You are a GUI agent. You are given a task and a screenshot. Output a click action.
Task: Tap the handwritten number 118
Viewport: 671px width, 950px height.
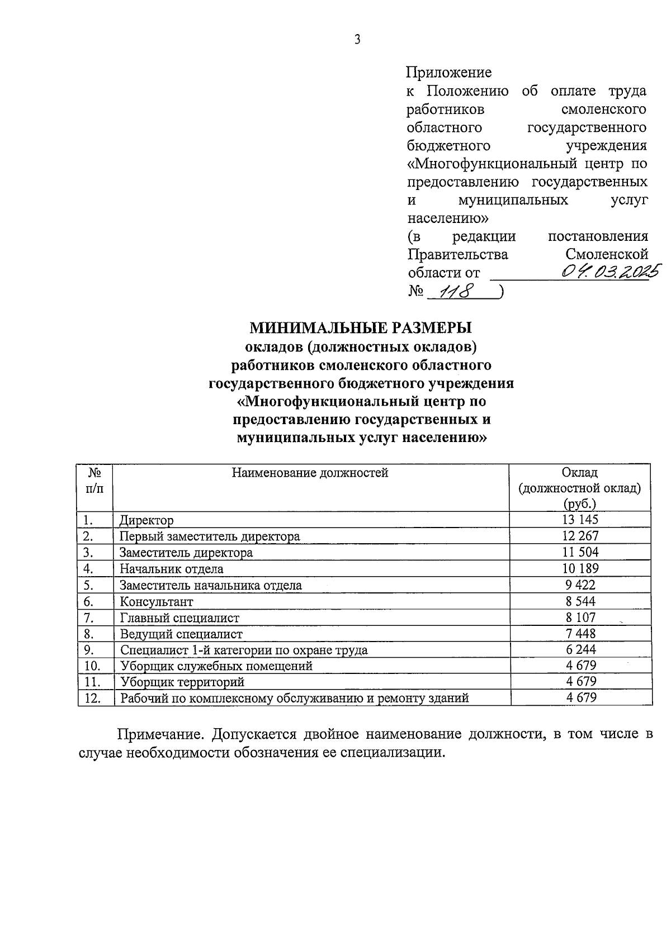click(456, 291)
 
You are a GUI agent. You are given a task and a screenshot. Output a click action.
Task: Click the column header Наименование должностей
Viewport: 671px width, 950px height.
click(310, 473)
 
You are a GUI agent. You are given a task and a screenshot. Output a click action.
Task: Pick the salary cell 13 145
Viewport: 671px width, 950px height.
click(580, 520)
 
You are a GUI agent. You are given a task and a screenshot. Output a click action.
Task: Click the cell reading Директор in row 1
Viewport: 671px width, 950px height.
click(147, 520)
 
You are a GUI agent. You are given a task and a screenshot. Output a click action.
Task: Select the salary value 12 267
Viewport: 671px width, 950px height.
click(580, 536)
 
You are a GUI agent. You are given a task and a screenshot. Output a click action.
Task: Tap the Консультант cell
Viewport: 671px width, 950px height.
click(156, 602)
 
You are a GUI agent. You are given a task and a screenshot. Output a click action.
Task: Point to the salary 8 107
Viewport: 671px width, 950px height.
click(580, 617)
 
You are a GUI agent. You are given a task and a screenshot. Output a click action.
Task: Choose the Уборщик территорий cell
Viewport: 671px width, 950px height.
click(182, 682)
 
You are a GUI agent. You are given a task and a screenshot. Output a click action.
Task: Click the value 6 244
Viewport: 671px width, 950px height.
click(580, 649)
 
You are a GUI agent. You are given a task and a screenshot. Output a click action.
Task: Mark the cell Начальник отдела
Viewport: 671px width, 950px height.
click(171, 569)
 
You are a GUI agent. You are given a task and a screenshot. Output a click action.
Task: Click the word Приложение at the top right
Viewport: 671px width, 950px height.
click(449, 72)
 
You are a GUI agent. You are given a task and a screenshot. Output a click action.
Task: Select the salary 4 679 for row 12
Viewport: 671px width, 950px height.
click(581, 697)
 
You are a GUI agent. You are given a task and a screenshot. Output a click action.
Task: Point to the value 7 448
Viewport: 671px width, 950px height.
click(580, 634)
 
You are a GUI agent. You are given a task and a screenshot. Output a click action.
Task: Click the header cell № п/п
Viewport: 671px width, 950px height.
click(95, 480)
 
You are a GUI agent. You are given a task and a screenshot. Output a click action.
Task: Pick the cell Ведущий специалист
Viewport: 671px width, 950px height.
click(181, 634)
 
